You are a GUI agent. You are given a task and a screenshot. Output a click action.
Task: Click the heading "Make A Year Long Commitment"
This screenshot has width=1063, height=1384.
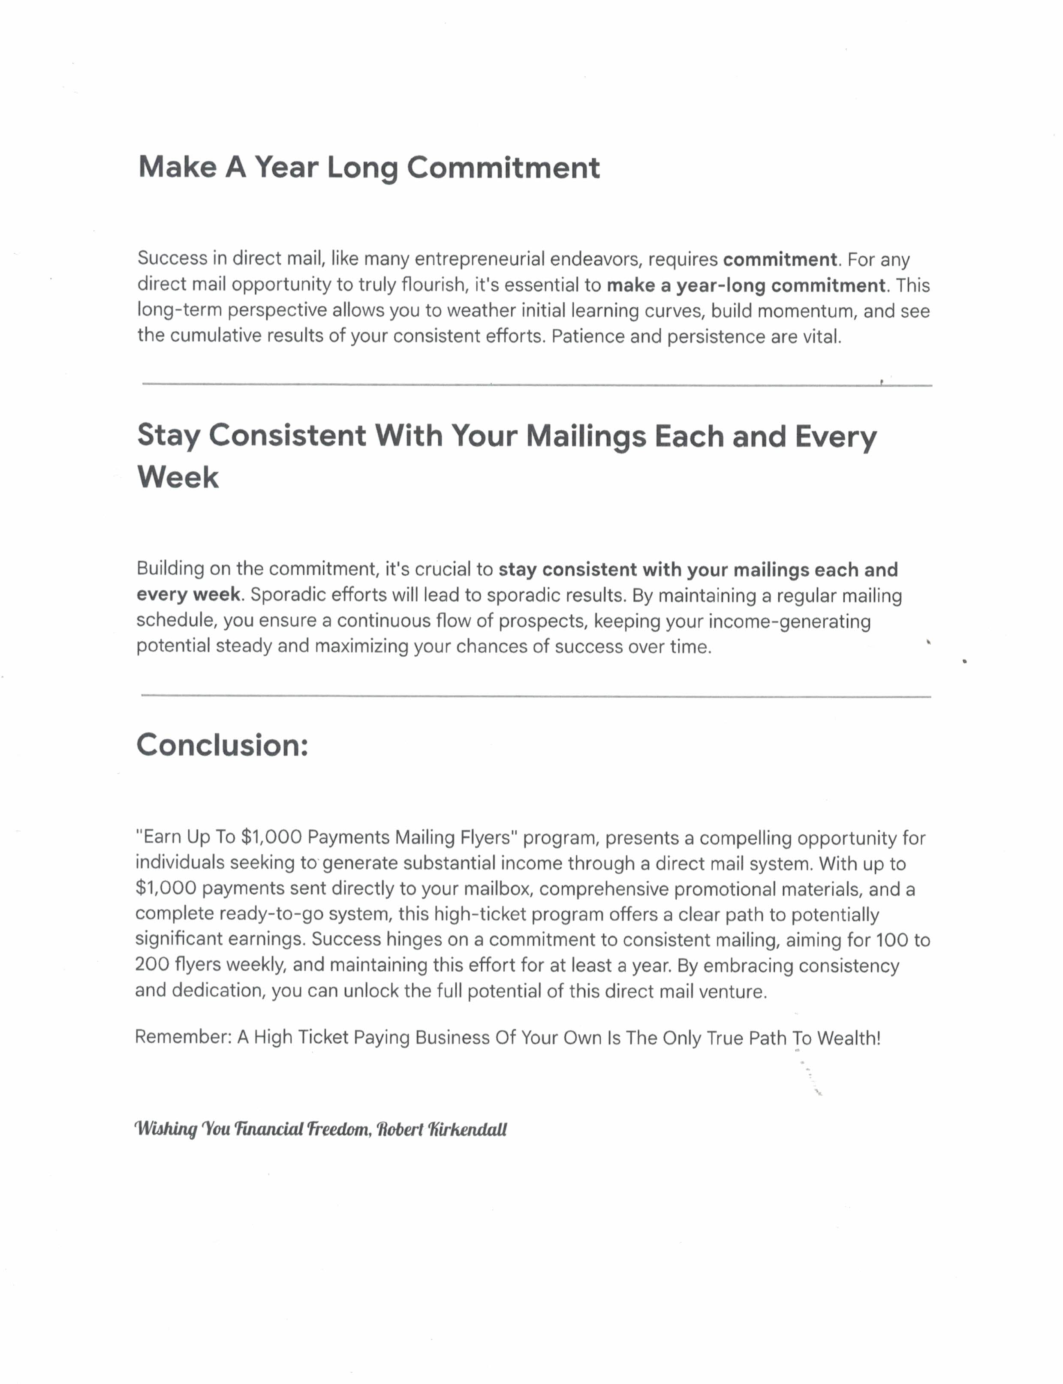coord(368,168)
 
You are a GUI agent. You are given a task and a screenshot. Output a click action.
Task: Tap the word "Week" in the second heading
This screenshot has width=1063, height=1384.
coord(178,477)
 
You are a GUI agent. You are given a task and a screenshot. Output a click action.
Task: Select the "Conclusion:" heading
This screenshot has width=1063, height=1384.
coord(222,745)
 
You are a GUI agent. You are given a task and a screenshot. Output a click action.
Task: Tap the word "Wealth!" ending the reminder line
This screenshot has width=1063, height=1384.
coord(849,1039)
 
